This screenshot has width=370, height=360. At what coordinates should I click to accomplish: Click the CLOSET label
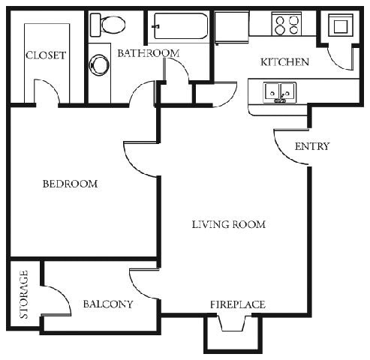[x=46, y=55]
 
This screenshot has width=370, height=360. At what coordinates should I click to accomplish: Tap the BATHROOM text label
[x=148, y=53]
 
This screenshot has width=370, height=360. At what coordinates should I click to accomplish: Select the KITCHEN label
[x=284, y=62]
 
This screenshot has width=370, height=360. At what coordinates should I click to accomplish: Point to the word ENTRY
[x=311, y=146]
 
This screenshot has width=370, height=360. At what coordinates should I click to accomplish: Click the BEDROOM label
[x=70, y=184]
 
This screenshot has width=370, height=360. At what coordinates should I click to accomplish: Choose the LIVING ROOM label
[x=228, y=224]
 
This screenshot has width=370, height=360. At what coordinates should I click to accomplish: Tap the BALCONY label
[x=108, y=304]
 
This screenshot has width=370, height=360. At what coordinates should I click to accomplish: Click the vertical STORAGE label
[x=24, y=295]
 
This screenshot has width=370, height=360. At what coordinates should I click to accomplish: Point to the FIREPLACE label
[x=236, y=304]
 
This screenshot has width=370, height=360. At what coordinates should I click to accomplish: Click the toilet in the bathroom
[x=108, y=25]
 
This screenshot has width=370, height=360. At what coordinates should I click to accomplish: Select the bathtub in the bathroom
[x=179, y=27]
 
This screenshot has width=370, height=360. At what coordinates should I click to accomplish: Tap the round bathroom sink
[x=98, y=64]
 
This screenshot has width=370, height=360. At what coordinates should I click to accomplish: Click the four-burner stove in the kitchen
[x=286, y=25]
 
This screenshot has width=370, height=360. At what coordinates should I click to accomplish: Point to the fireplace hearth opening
[x=232, y=324]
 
